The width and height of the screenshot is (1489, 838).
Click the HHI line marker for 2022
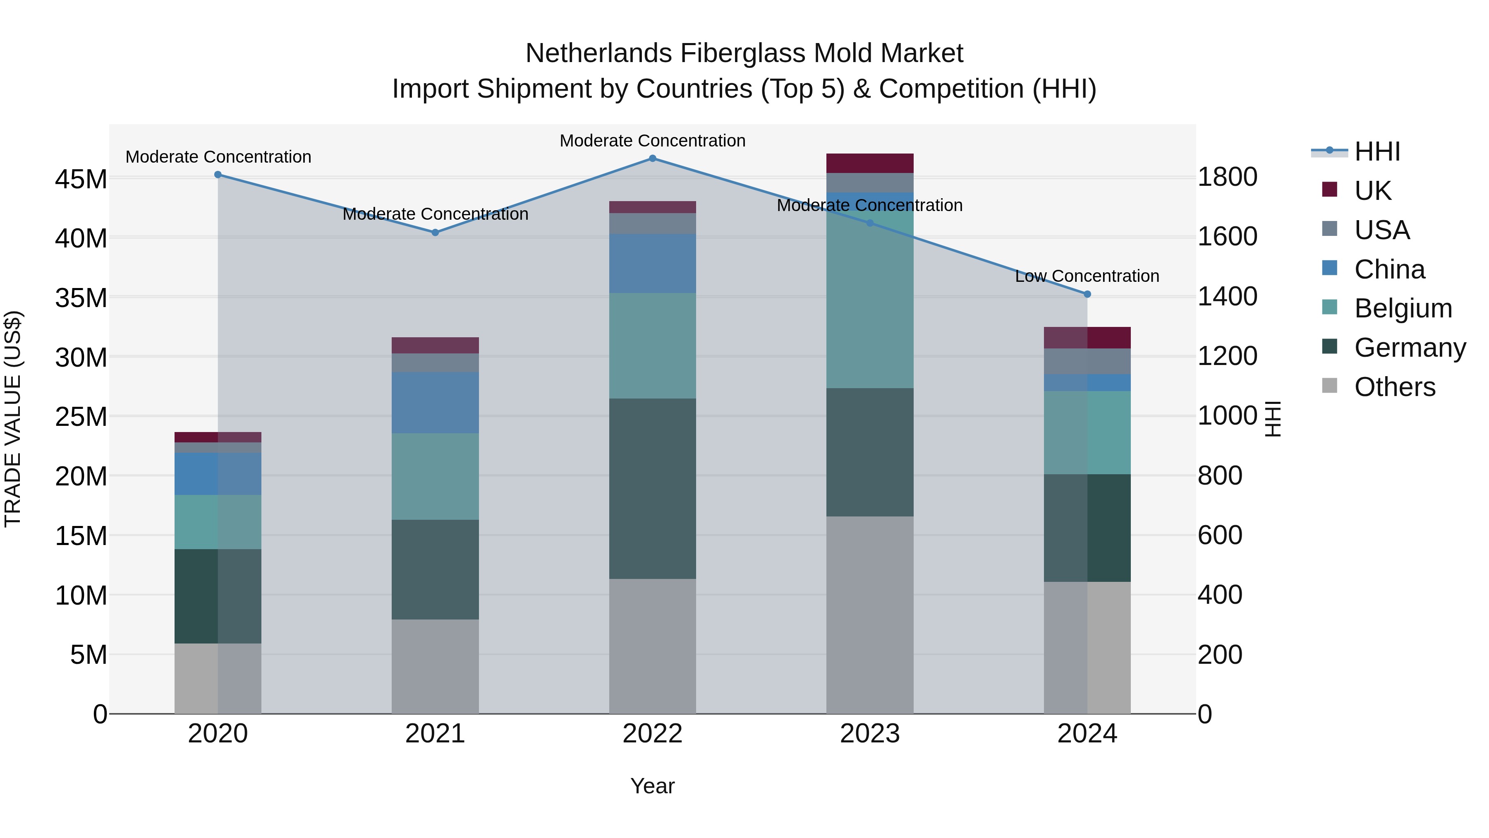coord(653,158)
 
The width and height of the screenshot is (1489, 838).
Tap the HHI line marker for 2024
coord(1087,294)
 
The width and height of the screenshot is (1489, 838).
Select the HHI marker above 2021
coord(435,233)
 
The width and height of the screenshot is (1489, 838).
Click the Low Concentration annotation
coord(1087,276)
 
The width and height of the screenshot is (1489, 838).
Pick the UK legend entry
coord(1372,191)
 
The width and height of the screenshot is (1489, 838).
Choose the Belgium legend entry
coord(1403,308)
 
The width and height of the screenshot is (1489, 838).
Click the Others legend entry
coord(1394,387)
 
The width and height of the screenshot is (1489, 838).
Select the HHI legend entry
coord(1377,151)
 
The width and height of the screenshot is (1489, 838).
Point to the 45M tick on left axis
coord(81,179)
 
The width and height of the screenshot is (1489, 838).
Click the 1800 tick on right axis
coord(1227,177)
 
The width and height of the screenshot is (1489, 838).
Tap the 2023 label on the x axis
coord(870,734)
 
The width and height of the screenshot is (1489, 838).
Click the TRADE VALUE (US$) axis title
coord(13,419)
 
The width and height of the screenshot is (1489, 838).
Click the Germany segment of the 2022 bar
coord(653,489)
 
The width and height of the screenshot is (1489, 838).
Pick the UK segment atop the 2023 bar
coord(870,163)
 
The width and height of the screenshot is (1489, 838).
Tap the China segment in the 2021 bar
coord(435,403)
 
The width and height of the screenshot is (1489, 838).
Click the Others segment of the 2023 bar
coord(870,615)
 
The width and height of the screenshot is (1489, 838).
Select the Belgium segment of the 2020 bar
coord(218,522)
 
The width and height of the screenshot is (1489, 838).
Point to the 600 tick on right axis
coord(1220,535)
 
